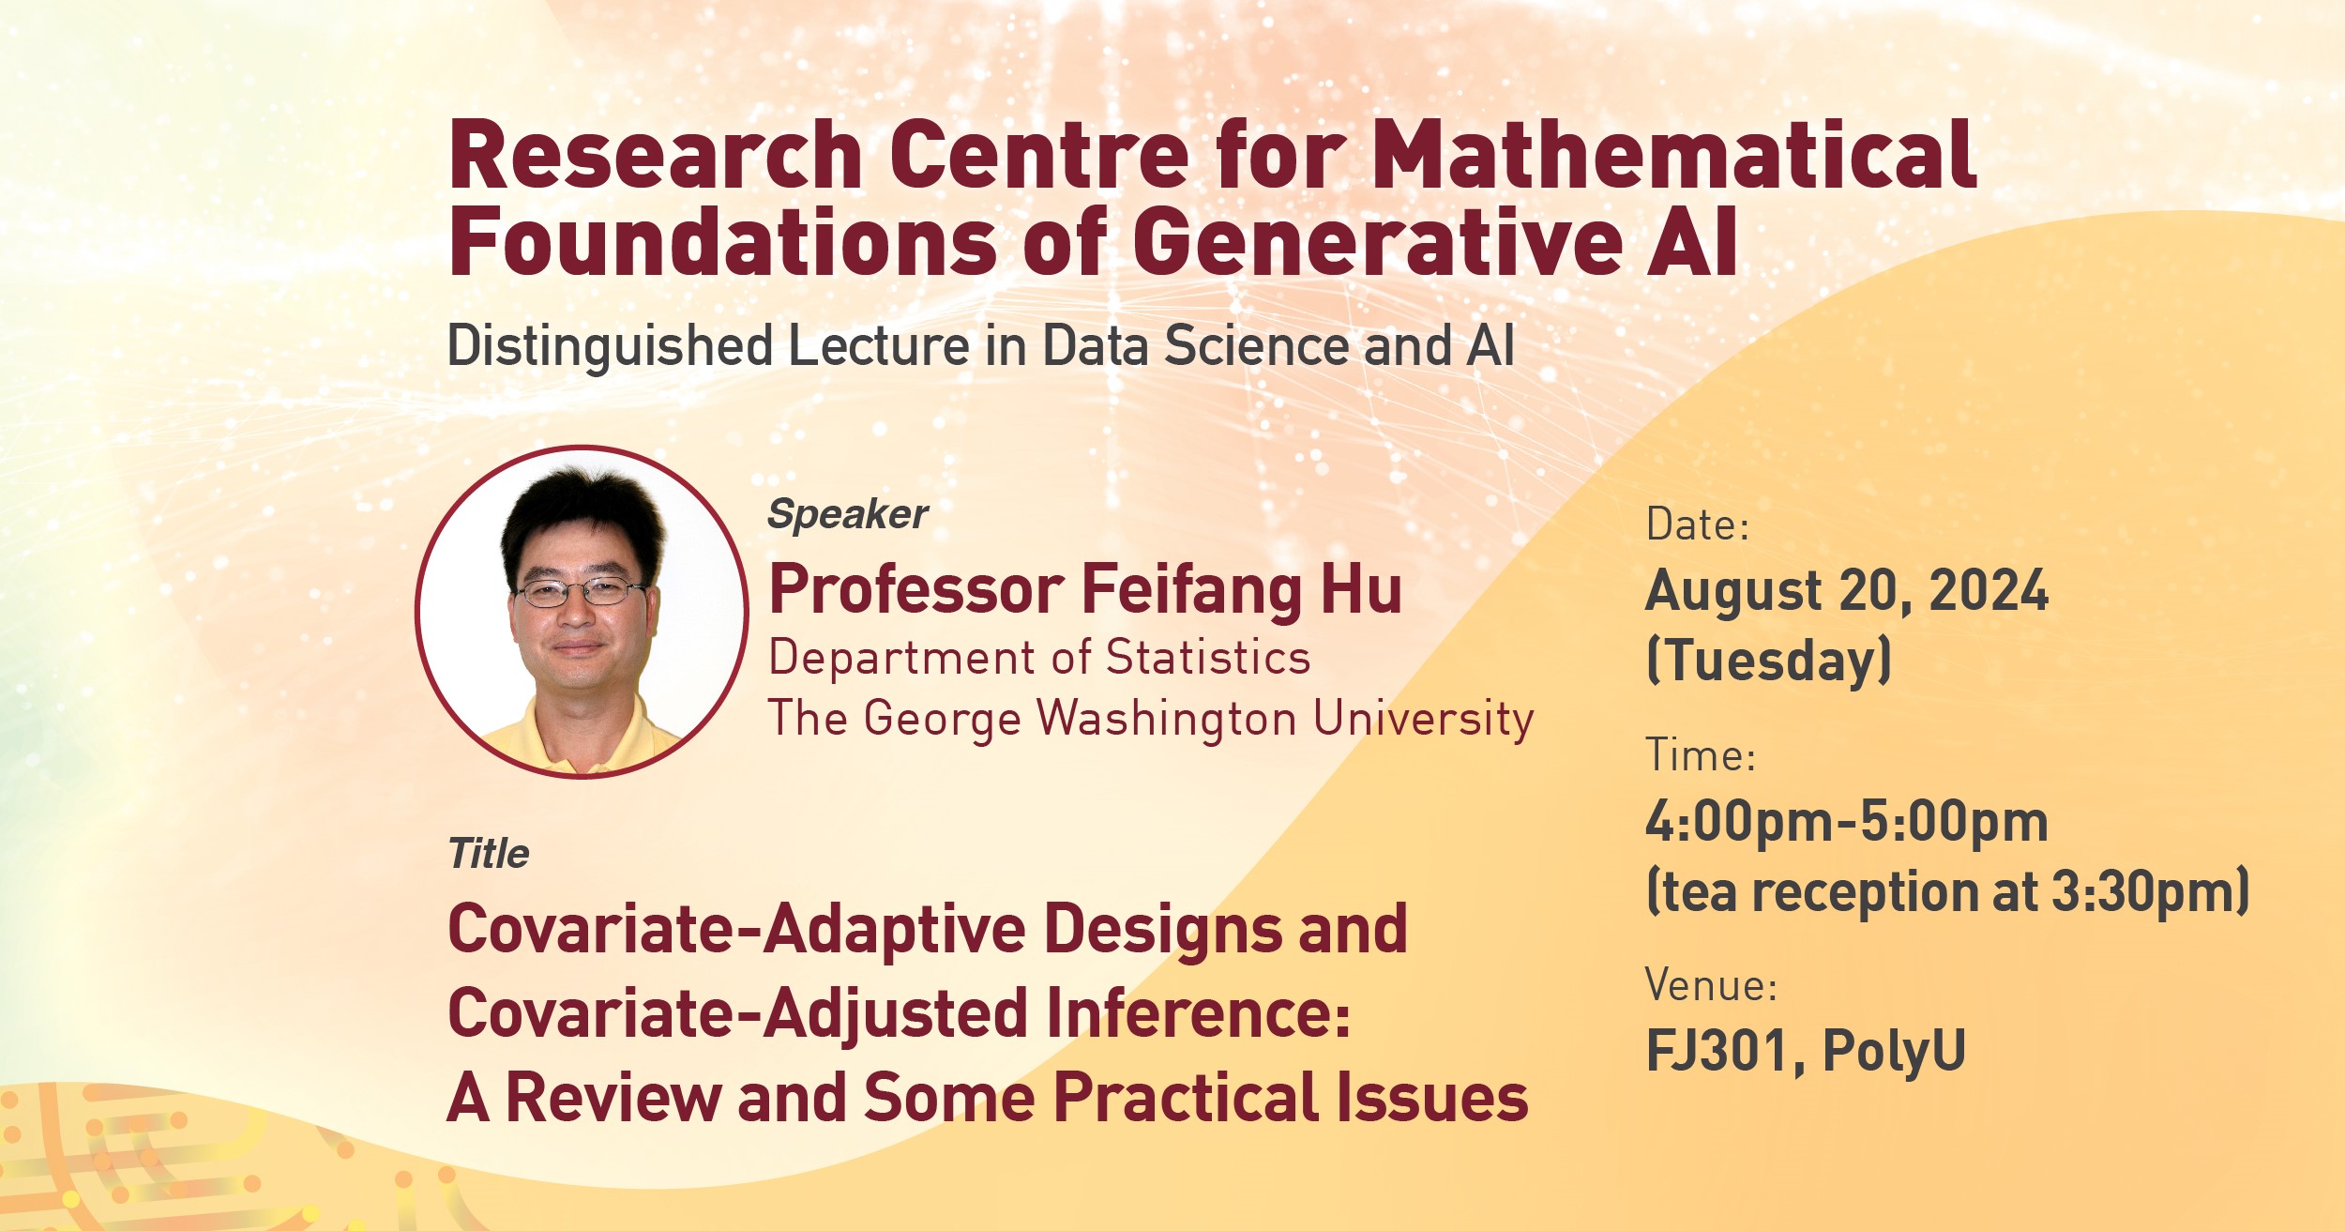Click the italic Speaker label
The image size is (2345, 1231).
point(847,514)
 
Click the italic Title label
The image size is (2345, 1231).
point(488,854)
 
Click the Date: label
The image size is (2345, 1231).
point(1697,524)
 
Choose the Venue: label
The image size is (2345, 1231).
point(1711,985)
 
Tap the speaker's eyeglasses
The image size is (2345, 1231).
point(579,591)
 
